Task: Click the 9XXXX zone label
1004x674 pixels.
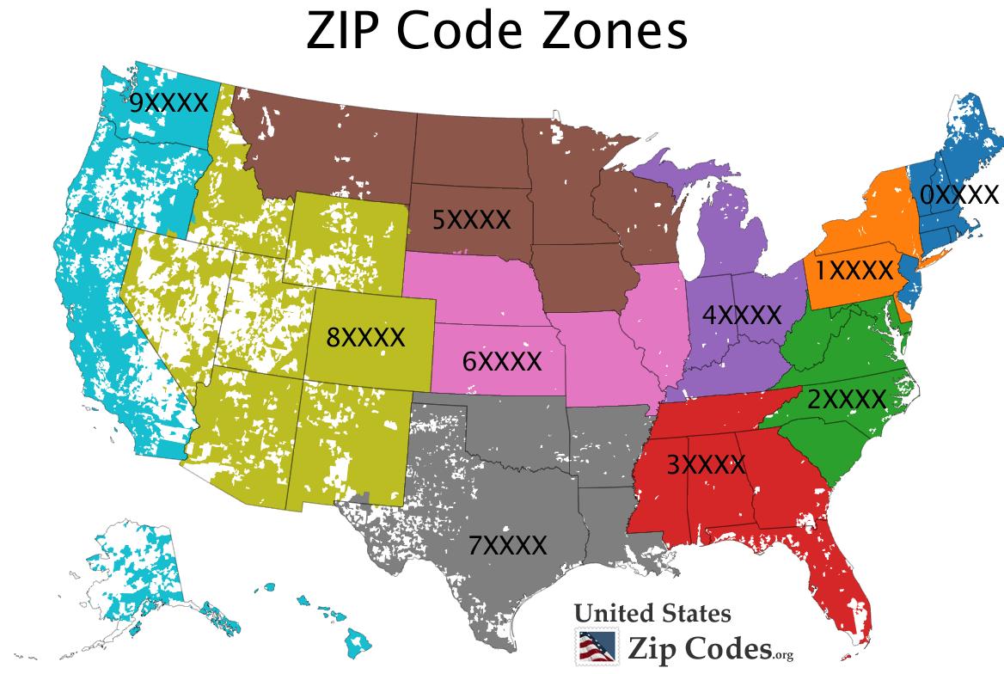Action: point(168,103)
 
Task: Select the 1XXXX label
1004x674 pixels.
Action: point(854,271)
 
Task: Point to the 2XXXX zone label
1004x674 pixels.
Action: point(846,399)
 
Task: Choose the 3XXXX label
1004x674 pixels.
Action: point(706,465)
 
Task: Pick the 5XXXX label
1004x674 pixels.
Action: point(471,220)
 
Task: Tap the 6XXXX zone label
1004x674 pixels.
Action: point(502,361)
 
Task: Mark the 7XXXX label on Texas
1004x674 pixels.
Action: point(507,545)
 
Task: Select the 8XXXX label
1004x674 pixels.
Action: point(365,337)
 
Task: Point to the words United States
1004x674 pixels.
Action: point(652,614)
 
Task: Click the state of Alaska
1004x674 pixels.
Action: point(138,567)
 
